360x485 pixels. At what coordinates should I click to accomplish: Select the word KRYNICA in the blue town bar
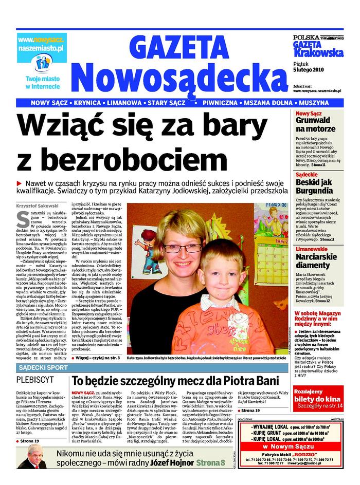85,103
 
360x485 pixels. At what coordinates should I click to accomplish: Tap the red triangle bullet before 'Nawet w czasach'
20,183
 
